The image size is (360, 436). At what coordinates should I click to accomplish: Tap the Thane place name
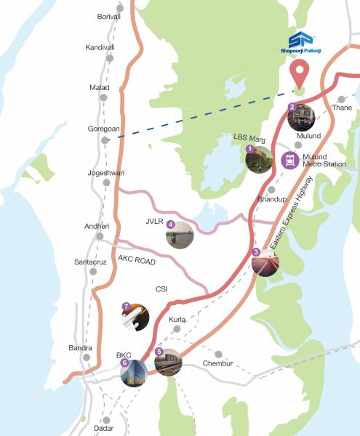click(341, 108)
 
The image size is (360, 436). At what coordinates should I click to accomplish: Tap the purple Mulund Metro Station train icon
click(290, 159)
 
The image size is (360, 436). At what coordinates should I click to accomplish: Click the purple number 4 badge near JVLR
click(170, 225)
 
